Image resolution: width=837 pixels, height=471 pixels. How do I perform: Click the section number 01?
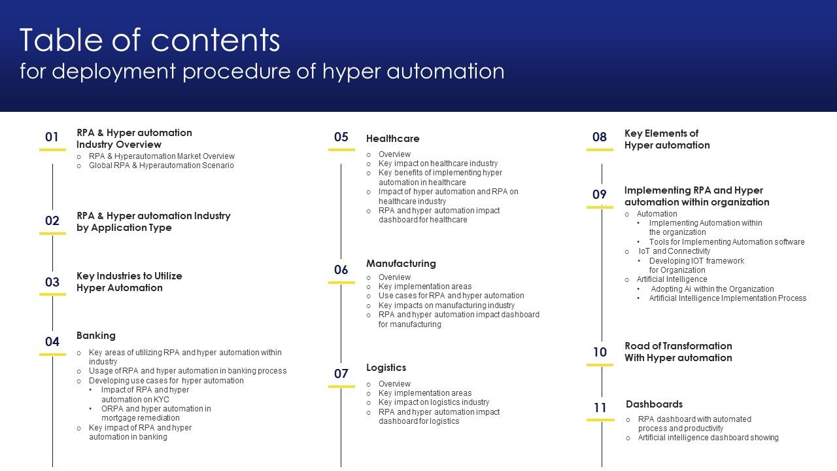click(52, 137)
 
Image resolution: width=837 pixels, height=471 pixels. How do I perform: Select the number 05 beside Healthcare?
click(341, 137)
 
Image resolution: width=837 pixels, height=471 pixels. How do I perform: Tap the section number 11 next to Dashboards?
click(600, 408)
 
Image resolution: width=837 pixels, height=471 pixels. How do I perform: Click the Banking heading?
click(96, 336)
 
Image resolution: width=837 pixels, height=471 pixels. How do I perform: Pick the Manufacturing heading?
click(401, 264)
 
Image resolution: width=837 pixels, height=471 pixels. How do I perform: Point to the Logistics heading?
click(386, 368)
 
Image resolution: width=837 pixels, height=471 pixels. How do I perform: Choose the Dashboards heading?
click(654, 404)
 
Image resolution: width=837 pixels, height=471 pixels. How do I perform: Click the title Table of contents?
click(150, 40)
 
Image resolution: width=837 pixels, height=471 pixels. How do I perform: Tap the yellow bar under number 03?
click(52, 294)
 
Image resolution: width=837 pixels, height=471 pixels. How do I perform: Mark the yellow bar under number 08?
click(600, 150)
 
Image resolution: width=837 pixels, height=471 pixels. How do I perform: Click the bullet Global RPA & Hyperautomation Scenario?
click(161, 166)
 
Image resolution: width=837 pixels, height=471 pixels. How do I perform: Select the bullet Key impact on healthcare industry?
click(438, 164)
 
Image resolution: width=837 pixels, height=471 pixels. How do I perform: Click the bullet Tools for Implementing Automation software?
click(726, 242)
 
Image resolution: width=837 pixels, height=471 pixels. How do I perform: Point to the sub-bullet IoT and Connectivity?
click(674, 251)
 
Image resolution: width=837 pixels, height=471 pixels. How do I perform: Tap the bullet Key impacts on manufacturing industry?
click(447, 305)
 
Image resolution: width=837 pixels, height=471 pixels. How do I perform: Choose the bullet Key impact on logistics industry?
click(434, 402)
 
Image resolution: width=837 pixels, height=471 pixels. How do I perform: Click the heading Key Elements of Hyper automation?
click(667, 139)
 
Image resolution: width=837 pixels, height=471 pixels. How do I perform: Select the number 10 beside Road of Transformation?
click(600, 352)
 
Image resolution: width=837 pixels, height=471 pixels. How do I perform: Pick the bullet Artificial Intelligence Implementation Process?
click(728, 298)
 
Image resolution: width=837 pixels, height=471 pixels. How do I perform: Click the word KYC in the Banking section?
click(162, 399)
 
